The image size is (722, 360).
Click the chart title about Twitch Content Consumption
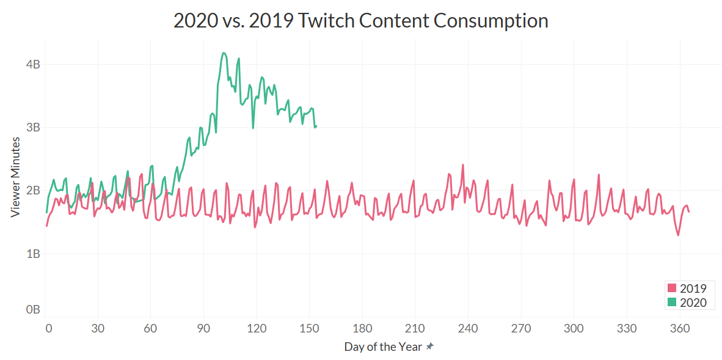coord(360,20)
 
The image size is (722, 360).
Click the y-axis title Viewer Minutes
coord(16,177)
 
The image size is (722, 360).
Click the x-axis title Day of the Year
coord(382,347)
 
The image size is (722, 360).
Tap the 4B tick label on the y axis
coord(33,64)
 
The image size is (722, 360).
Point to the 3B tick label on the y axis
coord(33,127)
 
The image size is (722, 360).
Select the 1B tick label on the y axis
coord(33,253)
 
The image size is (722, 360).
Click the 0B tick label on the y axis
coord(33,309)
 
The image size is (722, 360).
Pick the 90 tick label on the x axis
coord(205,328)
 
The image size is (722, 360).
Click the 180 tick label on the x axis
coord(363,328)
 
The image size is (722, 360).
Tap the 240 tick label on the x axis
coord(468,328)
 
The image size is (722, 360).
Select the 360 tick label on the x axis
coord(679,328)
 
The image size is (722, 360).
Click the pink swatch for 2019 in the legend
coord(673,288)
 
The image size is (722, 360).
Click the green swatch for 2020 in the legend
coord(673,302)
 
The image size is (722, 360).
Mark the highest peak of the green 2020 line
coord(224,53)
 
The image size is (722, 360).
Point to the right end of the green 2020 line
coord(316,126)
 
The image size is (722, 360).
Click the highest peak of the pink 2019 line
coord(462,165)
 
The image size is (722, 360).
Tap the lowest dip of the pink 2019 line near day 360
coord(678,235)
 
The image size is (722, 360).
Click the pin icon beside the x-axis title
coord(430,347)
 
